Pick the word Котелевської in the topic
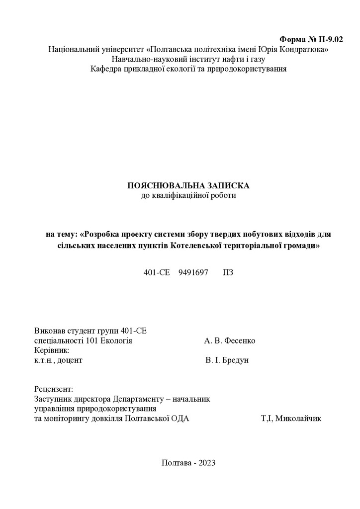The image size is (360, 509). click(x=197, y=246)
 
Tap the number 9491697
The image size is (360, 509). click(x=193, y=272)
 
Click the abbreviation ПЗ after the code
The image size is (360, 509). click(x=228, y=272)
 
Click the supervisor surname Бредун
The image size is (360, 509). click(x=234, y=360)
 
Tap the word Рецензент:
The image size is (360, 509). click(x=54, y=389)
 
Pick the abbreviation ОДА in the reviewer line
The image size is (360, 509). click(x=180, y=418)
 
